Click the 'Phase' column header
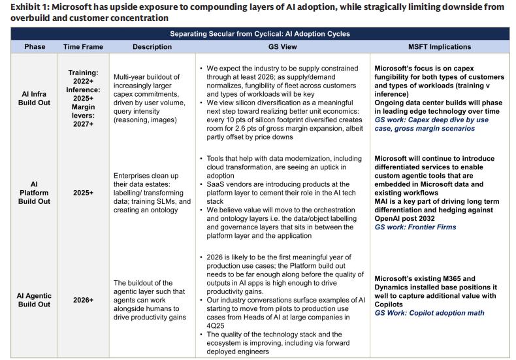click(35, 47)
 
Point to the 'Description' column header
click(152, 47)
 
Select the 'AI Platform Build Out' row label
click(35, 194)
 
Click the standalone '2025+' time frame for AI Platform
click(82, 194)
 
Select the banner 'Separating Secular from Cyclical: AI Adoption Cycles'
click(259, 33)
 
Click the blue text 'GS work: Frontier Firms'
click(415, 227)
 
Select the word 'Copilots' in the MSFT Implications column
click(391, 304)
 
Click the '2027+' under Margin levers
click(82, 123)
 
